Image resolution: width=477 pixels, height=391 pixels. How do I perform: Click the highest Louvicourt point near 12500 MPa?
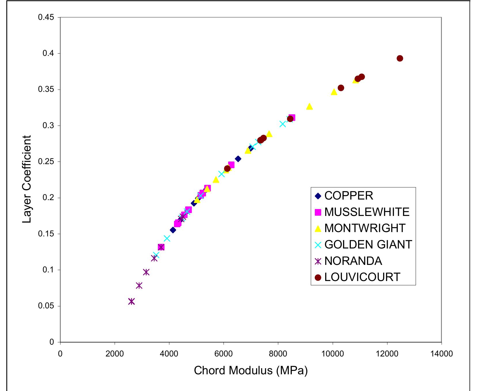pyautogui.click(x=400, y=58)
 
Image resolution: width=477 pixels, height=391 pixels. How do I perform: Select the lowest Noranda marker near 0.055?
pyautogui.click(x=131, y=301)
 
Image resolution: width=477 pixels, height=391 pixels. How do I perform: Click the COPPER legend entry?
pyautogui.click(x=349, y=196)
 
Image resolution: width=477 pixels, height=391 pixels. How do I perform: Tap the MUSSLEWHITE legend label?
pyautogui.click(x=367, y=212)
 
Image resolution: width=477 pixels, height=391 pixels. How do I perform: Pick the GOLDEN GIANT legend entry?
pyautogui.click(x=368, y=245)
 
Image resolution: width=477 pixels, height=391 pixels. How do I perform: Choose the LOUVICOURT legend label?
pyautogui.click(x=362, y=277)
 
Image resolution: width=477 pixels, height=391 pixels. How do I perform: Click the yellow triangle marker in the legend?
pyautogui.click(x=318, y=229)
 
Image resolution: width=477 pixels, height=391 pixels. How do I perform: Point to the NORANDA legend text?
pyautogui.click(x=353, y=261)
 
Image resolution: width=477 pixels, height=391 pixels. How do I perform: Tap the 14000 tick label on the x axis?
pyautogui.click(x=441, y=354)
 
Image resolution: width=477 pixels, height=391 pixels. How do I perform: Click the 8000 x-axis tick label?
pyautogui.click(x=278, y=354)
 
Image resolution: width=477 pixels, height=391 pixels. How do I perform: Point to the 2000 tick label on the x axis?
pyautogui.click(x=115, y=354)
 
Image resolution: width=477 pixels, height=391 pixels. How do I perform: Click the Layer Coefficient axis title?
pyautogui.click(x=27, y=179)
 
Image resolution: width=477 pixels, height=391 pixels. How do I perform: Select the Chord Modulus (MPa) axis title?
pyautogui.click(x=251, y=371)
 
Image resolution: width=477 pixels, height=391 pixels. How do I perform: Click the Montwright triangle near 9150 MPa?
pyautogui.click(x=309, y=107)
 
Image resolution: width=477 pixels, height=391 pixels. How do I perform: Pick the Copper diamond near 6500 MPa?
pyautogui.click(x=238, y=159)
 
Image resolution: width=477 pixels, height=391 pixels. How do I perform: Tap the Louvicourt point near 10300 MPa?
pyautogui.click(x=341, y=88)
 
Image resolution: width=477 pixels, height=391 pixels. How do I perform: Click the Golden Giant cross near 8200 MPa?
pyautogui.click(x=283, y=124)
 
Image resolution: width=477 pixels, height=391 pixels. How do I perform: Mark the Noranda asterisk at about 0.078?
pyautogui.click(x=139, y=286)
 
